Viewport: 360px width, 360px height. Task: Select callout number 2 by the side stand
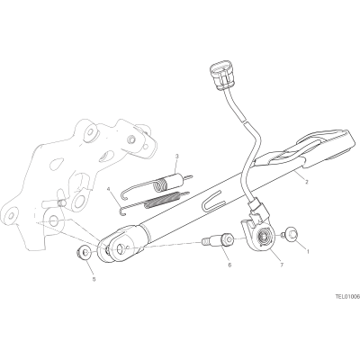coord(307,182)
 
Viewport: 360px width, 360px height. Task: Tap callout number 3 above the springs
coord(177,157)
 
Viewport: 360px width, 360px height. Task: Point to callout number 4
coord(109,189)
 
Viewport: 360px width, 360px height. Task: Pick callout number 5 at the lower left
coord(94,279)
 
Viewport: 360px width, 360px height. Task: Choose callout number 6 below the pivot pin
coord(229,265)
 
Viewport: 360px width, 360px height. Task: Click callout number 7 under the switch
coord(282,265)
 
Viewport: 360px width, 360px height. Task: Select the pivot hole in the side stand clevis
coord(121,248)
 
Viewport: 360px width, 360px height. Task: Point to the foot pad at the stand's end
coord(324,147)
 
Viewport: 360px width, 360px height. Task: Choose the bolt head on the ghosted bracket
coord(131,139)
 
